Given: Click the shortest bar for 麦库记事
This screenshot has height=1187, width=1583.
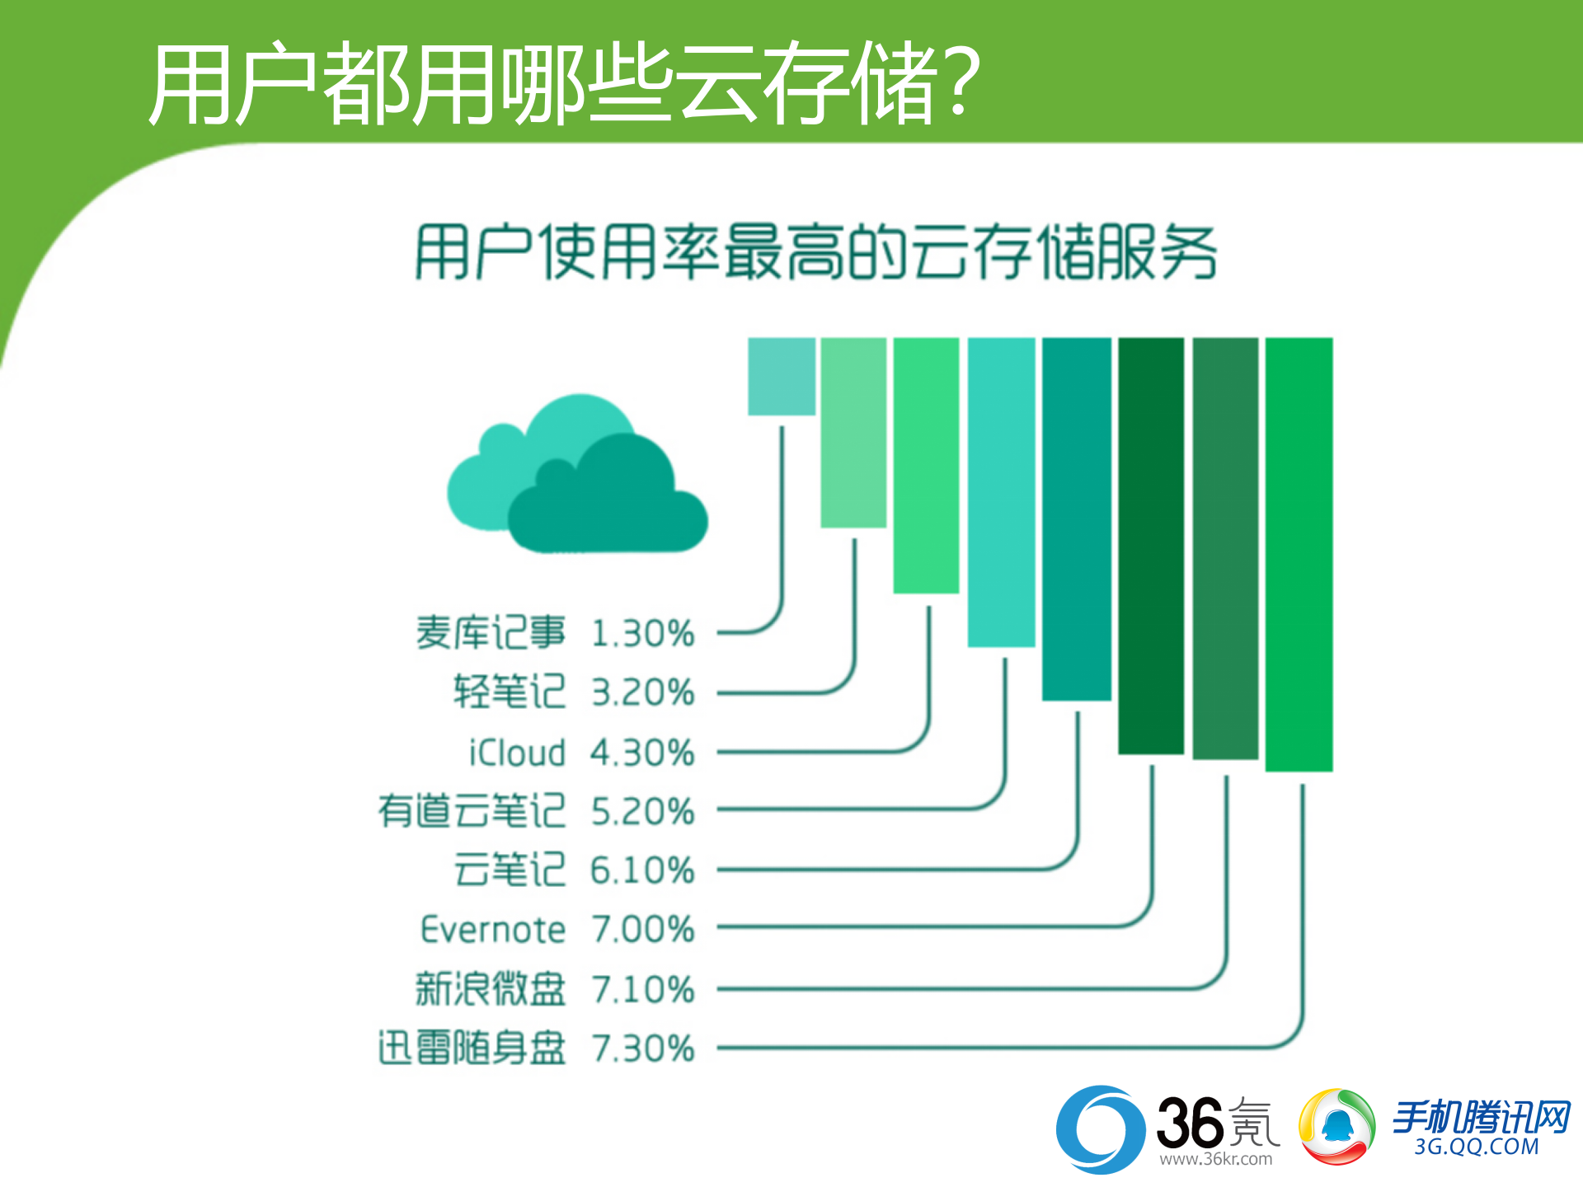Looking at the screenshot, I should tap(781, 376).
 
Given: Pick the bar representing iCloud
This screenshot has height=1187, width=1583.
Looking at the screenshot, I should tap(926, 465).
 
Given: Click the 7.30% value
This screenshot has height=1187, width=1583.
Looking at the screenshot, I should tap(643, 1049).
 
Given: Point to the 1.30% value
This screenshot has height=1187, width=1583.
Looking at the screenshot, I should tap(643, 634).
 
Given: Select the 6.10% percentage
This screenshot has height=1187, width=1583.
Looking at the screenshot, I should tap(643, 870).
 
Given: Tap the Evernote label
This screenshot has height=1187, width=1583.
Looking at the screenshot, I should tap(493, 930).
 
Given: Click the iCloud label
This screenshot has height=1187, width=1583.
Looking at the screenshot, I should tap(517, 753).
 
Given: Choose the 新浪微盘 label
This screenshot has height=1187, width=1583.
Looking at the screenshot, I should tap(491, 989).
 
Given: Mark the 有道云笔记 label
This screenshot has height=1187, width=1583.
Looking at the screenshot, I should tap(472, 811).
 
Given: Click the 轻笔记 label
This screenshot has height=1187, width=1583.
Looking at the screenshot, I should tap(509, 692).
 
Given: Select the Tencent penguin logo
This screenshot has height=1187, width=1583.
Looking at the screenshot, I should tap(1336, 1127).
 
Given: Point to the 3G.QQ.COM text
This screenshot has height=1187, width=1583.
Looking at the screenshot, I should tap(1476, 1147).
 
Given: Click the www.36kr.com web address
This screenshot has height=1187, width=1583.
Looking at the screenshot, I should tap(1215, 1159).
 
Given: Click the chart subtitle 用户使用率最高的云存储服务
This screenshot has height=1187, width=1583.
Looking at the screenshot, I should tap(815, 251).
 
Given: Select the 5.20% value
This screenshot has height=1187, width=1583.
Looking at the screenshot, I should tap(643, 812).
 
